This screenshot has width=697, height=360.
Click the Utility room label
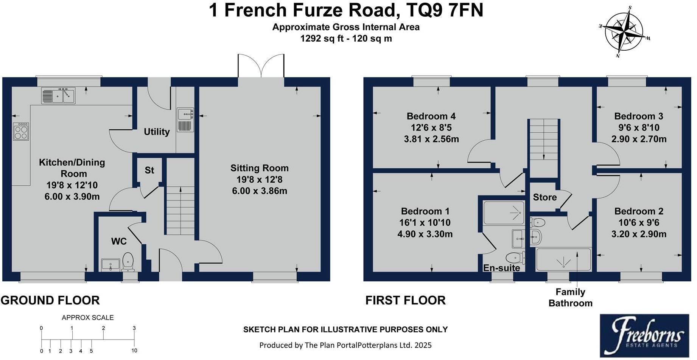click(x=156, y=132)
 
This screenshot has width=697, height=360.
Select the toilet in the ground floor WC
click(x=128, y=262)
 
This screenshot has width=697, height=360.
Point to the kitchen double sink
click(x=58, y=95)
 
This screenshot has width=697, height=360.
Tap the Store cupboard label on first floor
click(x=545, y=197)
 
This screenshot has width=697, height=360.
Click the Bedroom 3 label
click(x=638, y=116)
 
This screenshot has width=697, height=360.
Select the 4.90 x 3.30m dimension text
click(x=425, y=234)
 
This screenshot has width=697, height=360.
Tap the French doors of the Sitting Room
click(x=261, y=66)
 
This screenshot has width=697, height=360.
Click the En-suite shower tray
click(x=504, y=213)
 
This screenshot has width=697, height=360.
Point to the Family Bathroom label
click(x=570, y=297)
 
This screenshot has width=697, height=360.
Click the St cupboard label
click(x=149, y=170)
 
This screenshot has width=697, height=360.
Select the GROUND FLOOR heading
click(x=50, y=300)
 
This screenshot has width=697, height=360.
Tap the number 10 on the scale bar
click(x=134, y=351)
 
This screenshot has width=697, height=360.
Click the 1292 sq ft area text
click(x=322, y=38)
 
